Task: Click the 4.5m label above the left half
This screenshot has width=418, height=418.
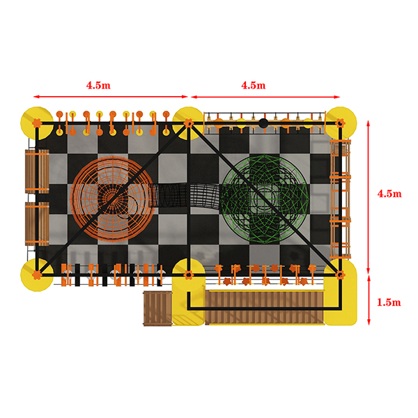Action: [x=98, y=85]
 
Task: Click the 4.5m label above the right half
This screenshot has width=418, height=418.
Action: [x=254, y=85]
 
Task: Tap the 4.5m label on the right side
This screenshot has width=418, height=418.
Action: [x=389, y=194]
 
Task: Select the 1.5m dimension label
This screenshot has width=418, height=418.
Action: [x=389, y=302]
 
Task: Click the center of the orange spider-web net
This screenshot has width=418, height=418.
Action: [x=113, y=199]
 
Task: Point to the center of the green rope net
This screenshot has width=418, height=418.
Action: [x=265, y=199]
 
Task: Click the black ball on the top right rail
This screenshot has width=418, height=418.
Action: [x=263, y=123]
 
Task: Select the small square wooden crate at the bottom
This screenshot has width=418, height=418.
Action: [x=158, y=309]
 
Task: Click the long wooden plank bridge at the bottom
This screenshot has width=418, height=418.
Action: [x=265, y=308]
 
